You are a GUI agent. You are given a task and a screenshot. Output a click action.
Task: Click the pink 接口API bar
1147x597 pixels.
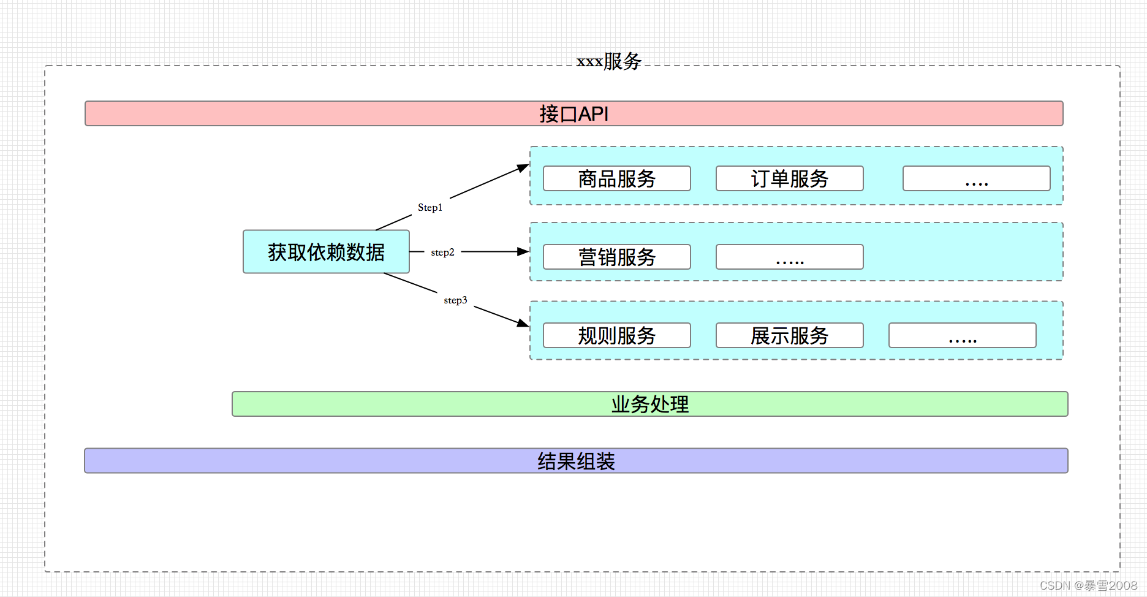[x=573, y=114]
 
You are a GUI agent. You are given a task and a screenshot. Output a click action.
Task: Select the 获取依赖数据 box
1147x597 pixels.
[x=326, y=252]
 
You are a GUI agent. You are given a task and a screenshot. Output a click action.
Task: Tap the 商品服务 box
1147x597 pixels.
[x=616, y=178]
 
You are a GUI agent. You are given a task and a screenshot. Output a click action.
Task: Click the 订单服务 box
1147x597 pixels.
[x=789, y=178]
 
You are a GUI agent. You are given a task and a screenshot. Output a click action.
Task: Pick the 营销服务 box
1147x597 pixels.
[x=616, y=257]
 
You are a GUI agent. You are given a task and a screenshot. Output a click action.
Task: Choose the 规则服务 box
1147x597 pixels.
[x=616, y=335]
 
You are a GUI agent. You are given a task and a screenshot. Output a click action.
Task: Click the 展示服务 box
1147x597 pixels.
[x=789, y=335]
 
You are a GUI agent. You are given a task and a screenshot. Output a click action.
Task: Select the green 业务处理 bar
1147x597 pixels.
[x=649, y=405]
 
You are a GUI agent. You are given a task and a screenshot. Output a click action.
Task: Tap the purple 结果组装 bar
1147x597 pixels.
[x=576, y=461]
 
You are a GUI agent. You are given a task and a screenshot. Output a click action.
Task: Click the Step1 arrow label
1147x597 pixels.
[x=430, y=208]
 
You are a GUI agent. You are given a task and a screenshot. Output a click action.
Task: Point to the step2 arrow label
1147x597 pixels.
[x=442, y=253]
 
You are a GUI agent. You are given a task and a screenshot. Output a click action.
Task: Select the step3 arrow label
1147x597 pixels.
[x=455, y=300]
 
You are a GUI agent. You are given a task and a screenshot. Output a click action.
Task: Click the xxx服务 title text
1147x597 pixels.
[x=608, y=61]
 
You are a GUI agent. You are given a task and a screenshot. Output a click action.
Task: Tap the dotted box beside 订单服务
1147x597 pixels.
[x=976, y=178]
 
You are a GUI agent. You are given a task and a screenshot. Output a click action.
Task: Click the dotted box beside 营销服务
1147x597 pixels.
[x=789, y=257]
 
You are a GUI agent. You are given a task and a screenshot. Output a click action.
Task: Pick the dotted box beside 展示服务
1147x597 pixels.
[x=962, y=335]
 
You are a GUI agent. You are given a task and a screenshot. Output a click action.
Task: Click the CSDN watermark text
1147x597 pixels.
[x=1088, y=585]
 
